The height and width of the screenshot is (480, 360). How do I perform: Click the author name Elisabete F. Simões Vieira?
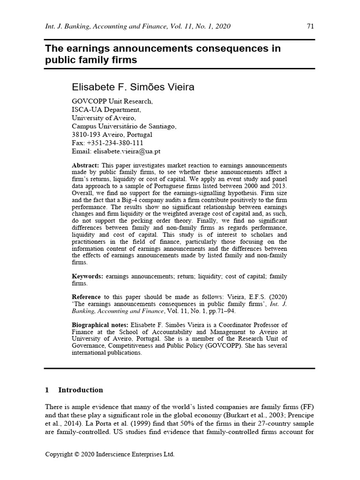(133, 87)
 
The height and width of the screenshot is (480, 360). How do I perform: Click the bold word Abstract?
(86, 166)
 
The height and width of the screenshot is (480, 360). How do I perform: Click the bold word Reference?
(86, 297)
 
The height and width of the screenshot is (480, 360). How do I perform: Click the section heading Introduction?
(80, 390)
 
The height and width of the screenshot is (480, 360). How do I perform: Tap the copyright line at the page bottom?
(109, 454)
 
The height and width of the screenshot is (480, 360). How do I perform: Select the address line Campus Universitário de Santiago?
(124, 126)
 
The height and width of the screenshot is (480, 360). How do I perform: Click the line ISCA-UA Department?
(105, 109)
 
